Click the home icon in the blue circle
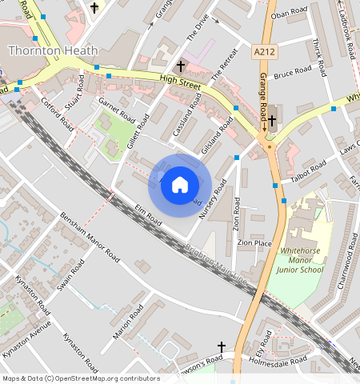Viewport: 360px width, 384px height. click(x=180, y=186)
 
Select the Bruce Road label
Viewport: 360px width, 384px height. click(x=292, y=73)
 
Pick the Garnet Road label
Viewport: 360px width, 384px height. click(x=116, y=109)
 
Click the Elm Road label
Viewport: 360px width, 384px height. click(x=148, y=217)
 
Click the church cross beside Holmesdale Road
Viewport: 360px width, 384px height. click(x=222, y=347)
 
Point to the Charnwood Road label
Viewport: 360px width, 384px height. click(x=342, y=277)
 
